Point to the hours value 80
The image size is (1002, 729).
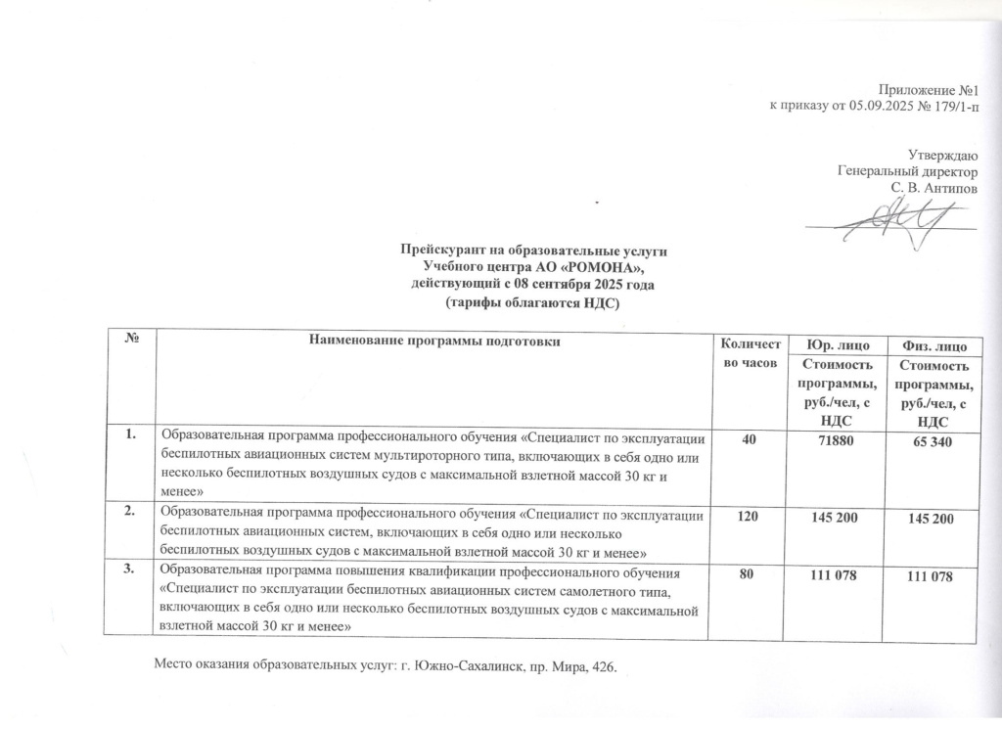coord(748,574)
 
